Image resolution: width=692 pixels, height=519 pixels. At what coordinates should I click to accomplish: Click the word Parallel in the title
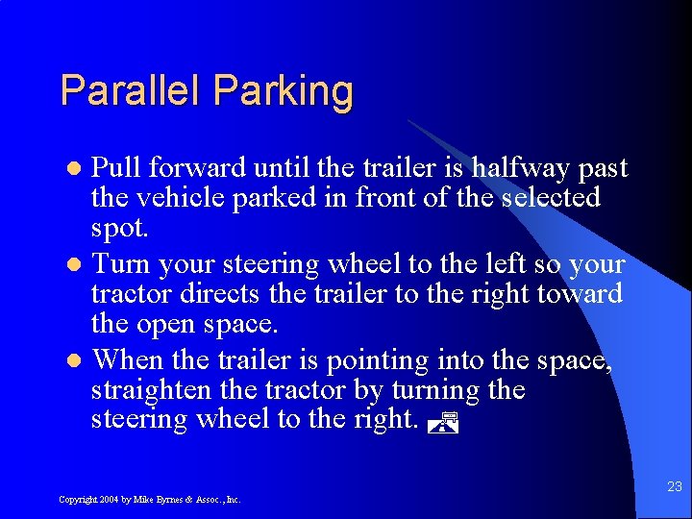pyautogui.click(x=132, y=91)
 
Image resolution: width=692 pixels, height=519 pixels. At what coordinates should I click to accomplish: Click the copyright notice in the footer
pyautogui.click(x=149, y=500)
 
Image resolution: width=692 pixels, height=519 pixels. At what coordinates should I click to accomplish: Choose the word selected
pyautogui.click(x=550, y=198)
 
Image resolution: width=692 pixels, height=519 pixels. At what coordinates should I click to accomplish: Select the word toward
pyautogui.click(x=580, y=293)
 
